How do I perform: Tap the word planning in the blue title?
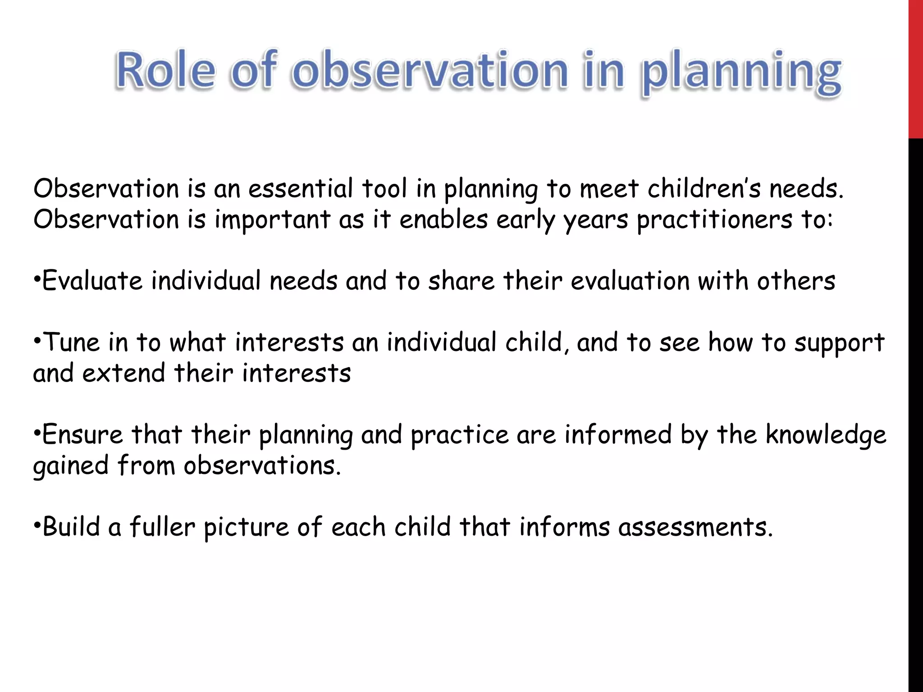point(741,72)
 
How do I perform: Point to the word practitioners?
point(714,220)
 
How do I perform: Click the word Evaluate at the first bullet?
point(92,281)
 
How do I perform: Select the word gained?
point(71,467)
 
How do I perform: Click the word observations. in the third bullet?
point(262,466)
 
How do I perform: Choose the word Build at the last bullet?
point(71,527)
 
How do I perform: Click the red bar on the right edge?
point(915,68)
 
